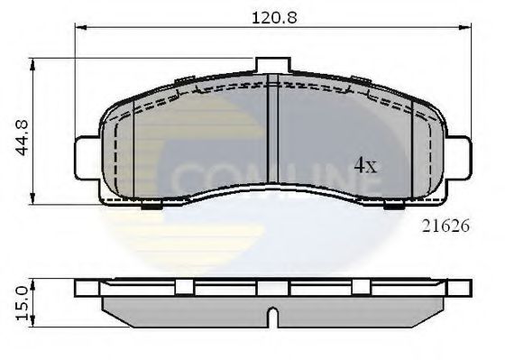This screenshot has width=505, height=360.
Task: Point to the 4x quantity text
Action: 363,165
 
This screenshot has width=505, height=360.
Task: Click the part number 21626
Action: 446,227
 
